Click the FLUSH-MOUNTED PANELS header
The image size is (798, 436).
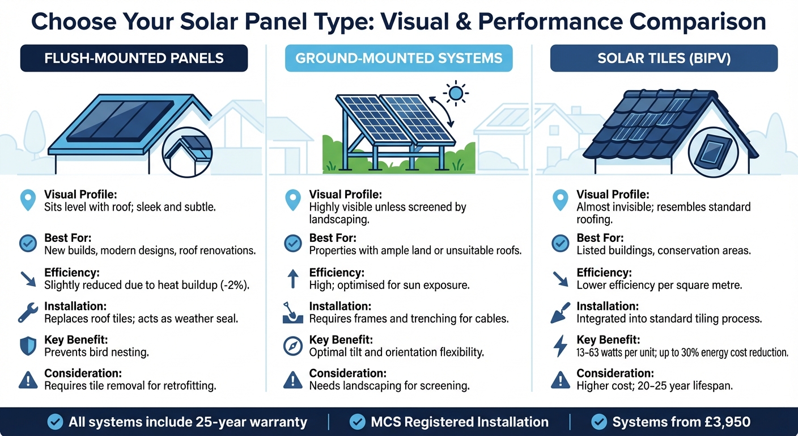click(134, 58)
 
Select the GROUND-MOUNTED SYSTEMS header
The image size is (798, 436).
click(398, 58)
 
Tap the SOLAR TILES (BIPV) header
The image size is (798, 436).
click(664, 58)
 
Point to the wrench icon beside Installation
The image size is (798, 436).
click(28, 312)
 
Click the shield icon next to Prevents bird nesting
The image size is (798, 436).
click(28, 346)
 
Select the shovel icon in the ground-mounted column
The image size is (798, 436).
click(292, 312)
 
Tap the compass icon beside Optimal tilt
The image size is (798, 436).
click(292, 346)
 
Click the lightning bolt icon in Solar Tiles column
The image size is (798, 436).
click(560, 346)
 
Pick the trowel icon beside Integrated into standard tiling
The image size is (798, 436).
click(560, 312)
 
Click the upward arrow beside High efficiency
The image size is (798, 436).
click(292, 278)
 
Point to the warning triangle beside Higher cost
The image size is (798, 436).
click(560, 379)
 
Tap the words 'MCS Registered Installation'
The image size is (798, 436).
click(459, 422)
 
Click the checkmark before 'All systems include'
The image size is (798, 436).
click(55, 422)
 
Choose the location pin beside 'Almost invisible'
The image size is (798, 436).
click(560, 200)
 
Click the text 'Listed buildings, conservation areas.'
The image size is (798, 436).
click(656, 250)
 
